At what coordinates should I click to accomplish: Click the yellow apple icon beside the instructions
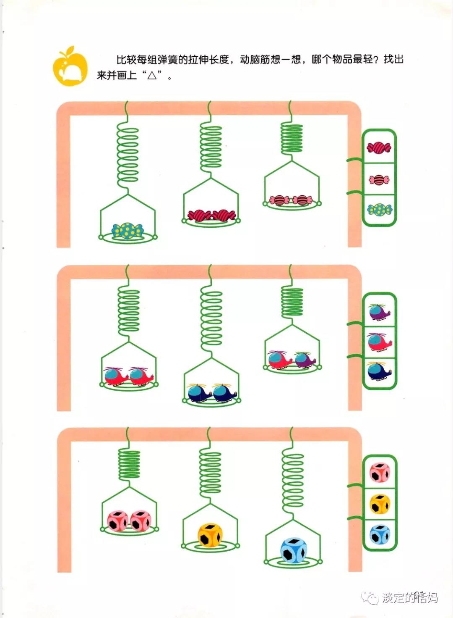[x=70, y=67]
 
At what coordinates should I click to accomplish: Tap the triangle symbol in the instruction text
[x=152, y=76]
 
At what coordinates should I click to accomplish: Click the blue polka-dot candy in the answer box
[x=379, y=210]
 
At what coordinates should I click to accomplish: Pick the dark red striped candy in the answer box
[x=379, y=147]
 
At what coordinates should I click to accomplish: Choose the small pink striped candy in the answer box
[x=379, y=180]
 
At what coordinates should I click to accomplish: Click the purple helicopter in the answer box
[x=380, y=312]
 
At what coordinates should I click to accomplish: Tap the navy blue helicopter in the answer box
[x=379, y=371]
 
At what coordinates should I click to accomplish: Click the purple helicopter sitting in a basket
[x=305, y=360]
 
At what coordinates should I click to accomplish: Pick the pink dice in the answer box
[x=380, y=473]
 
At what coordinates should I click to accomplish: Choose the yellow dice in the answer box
[x=380, y=504]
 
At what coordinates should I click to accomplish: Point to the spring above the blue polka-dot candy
[x=128, y=155]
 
